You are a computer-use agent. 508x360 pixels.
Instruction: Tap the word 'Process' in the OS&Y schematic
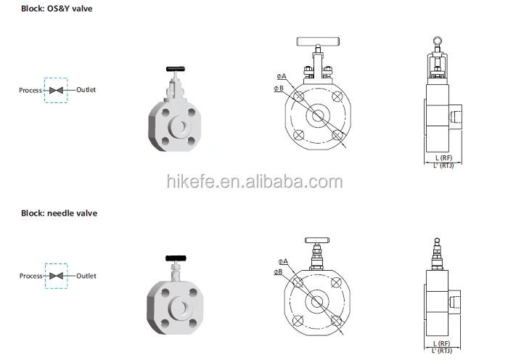click(x=30, y=90)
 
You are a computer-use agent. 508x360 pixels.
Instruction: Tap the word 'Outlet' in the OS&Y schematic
click(x=86, y=90)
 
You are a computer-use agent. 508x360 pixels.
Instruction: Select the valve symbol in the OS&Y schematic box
click(x=56, y=90)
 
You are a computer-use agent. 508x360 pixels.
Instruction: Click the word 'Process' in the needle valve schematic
click(x=30, y=276)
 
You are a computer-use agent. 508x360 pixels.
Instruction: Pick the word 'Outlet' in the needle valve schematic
click(x=86, y=276)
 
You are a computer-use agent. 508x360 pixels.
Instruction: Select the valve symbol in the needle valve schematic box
click(x=56, y=276)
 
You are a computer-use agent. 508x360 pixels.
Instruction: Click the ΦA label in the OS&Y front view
click(x=281, y=75)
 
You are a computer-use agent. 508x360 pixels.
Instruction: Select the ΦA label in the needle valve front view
click(x=282, y=261)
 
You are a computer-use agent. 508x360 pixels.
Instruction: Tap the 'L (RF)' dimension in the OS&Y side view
click(x=444, y=157)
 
